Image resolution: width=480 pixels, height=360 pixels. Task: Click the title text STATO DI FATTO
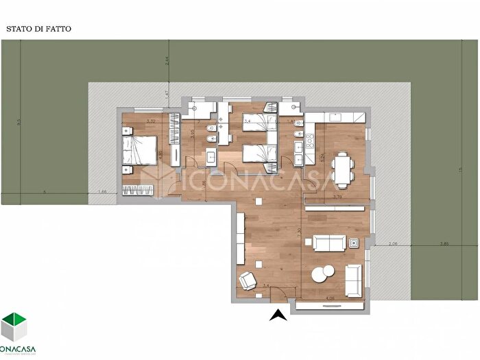(39, 29)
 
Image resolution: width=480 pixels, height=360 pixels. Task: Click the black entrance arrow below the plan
(278, 315)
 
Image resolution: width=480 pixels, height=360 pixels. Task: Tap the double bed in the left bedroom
(141, 150)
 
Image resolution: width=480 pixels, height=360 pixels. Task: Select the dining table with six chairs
(342, 168)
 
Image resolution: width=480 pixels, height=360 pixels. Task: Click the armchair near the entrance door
(246, 280)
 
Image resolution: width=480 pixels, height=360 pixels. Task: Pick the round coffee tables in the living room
(322, 274)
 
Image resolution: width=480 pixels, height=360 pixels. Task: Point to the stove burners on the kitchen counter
(309, 143)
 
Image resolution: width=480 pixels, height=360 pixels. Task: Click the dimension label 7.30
(300, 232)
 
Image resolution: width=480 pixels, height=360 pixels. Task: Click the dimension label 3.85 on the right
(444, 243)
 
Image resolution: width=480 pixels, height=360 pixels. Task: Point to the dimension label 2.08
(393, 243)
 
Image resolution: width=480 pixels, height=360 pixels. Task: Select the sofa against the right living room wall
(354, 280)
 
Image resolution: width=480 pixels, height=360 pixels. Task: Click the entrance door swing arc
(278, 294)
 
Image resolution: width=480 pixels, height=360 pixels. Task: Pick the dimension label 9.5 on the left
(19, 123)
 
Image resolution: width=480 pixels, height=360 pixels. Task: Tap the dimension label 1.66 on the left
(104, 191)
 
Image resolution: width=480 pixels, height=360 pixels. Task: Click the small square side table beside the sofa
(355, 243)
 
